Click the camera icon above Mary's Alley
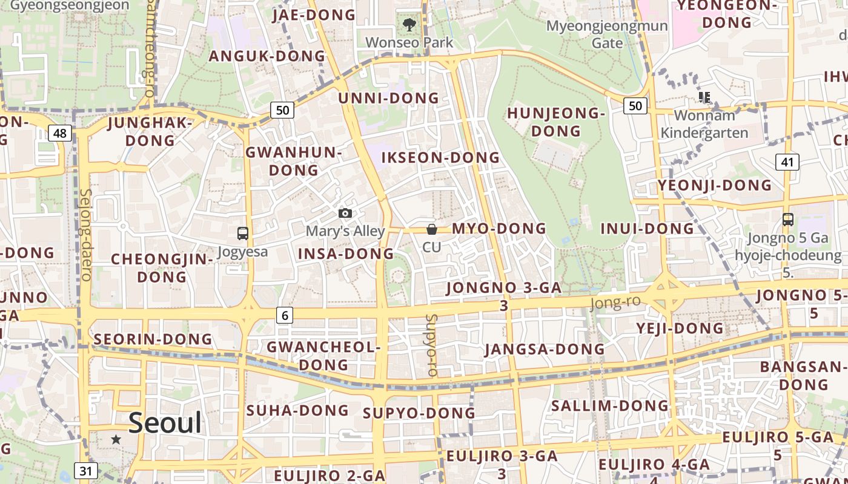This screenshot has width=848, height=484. click(x=345, y=214)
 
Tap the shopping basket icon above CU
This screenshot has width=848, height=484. click(x=432, y=229)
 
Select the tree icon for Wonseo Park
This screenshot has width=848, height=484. click(x=409, y=25)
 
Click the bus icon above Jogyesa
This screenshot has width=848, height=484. click(x=242, y=233)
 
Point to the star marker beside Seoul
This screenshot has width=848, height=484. click(x=116, y=439)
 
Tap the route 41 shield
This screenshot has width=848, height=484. click(x=787, y=162)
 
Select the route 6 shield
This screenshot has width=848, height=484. click(x=285, y=315)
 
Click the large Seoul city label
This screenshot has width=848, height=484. click(x=165, y=422)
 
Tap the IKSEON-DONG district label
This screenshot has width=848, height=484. click(x=440, y=158)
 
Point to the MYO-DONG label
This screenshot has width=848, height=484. click(x=499, y=228)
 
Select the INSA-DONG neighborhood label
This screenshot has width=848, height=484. click(x=346, y=253)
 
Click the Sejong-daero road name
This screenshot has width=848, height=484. click(x=85, y=235)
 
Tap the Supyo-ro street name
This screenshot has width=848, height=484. click(x=431, y=345)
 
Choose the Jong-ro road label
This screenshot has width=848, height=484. click(x=615, y=302)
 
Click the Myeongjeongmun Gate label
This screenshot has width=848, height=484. click(x=607, y=34)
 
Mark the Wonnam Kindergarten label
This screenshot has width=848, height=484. click(x=704, y=123)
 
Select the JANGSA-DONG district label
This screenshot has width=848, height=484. click(x=545, y=349)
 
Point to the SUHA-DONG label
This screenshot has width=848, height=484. click(x=297, y=410)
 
